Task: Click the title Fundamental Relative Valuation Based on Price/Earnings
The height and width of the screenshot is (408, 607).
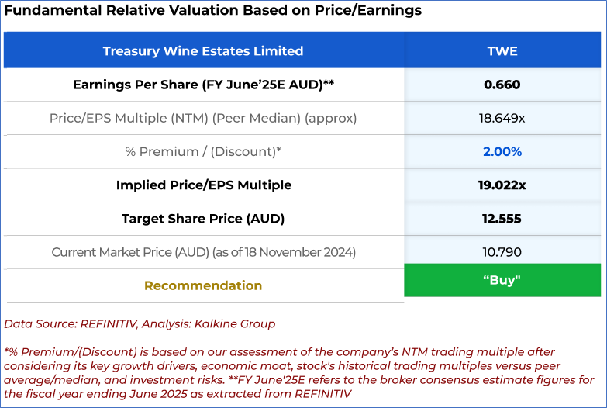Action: tap(213, 11)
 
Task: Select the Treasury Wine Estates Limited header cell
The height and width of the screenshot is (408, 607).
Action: tap(203, 51)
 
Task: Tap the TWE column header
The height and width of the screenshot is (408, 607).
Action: tap(502, 51)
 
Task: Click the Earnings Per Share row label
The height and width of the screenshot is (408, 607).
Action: tap(203, 85)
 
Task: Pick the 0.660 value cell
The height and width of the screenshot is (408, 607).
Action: tap(502, 85)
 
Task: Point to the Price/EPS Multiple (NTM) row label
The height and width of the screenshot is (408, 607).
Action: tap(203, 118)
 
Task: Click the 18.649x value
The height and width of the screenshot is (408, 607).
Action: tap(502, 118)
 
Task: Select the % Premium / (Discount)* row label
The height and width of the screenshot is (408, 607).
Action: tap(203, 151)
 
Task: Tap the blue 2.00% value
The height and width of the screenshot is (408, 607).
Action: tap(502, 151)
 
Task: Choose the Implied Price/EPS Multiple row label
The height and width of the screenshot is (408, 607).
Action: tap(203, 185)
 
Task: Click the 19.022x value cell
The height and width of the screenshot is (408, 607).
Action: tap(502, 185)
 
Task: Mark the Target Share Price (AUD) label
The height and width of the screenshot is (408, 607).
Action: tap(203, 218)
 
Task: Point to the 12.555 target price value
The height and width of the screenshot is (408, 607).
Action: tap(502, 218)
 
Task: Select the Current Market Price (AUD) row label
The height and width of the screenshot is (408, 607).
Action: tap(203, 251)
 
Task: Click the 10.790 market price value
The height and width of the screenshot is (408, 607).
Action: tap(502, 251)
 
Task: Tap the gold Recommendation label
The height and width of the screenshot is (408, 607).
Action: tap(203, 285)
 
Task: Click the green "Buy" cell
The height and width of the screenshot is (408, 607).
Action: tap(502, 280)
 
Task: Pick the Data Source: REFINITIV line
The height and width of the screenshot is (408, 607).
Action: tap(140, 323)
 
